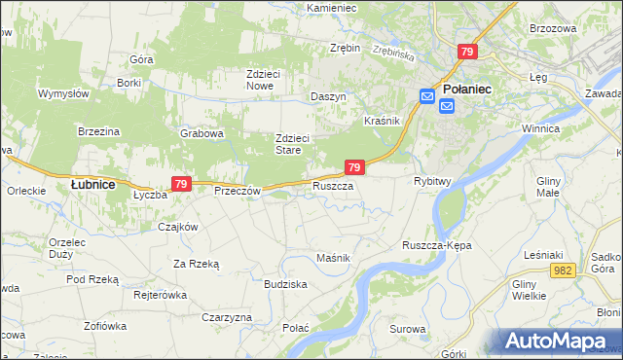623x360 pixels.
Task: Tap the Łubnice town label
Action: click(x=93, y=183)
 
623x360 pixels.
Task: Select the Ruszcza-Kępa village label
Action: click(x=436, y=245)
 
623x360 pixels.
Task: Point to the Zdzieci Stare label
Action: click(x=292, y=144)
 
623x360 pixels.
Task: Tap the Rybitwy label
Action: click(x=431, y=181)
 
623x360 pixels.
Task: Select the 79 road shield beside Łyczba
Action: click(x=180, y=183)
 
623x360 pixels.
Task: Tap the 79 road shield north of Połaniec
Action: click(x=468, y=52)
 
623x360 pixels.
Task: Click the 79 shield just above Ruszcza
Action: click(x=354, y=167)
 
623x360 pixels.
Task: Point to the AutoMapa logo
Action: click(x=559, y=341)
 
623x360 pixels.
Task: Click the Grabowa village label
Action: click(x=202, y=133)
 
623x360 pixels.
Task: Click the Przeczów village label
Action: click(x=238, y=191)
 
